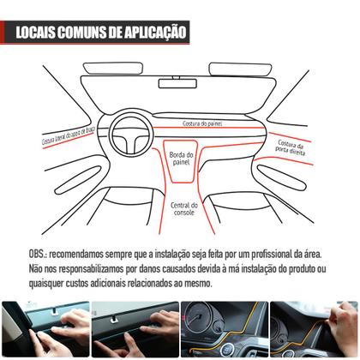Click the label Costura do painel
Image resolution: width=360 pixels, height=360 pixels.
(x=204, y=123)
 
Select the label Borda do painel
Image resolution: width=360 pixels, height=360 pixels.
(x=183, y=159)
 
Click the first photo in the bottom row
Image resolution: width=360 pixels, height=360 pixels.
(x=45, y=329)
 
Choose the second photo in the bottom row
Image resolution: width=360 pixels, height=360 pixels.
(x=135, y=329)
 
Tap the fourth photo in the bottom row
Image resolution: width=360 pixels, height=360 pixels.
(x=315, y=329)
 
